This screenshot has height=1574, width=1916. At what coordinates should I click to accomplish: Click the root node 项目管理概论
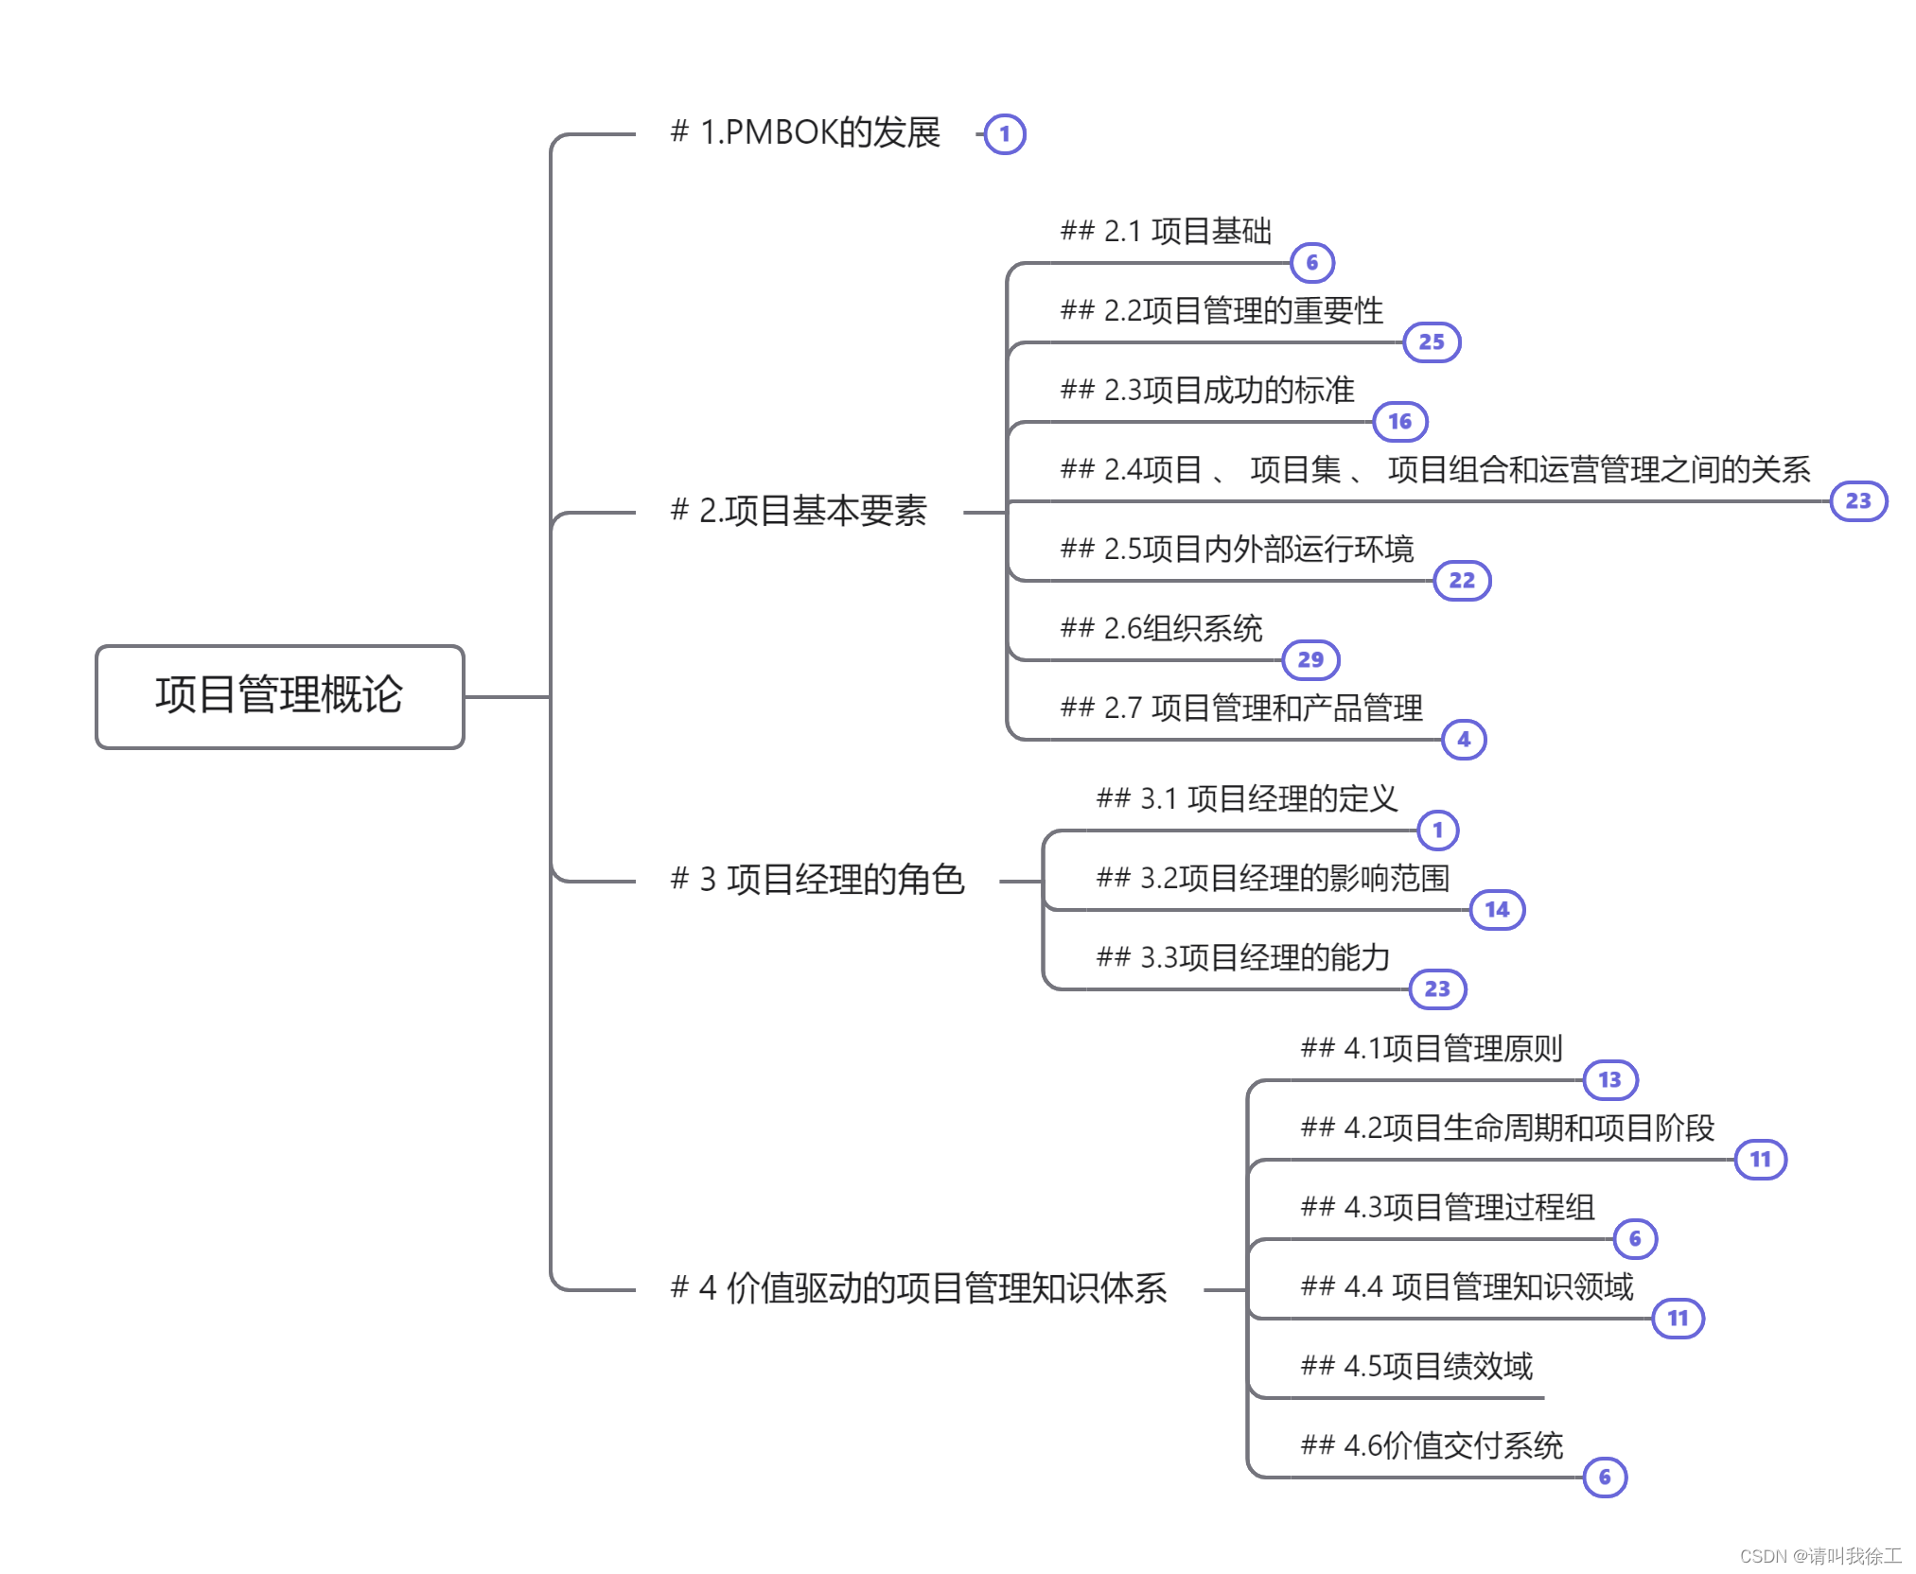coord(279,696)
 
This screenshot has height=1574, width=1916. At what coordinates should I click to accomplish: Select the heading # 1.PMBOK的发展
coord(805,132)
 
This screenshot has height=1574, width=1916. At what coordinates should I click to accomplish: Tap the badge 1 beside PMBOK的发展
coord(1005,134)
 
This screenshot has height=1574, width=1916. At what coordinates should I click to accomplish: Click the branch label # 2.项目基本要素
coord(799,511)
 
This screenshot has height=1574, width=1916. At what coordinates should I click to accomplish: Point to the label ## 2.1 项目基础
coord(1166,231)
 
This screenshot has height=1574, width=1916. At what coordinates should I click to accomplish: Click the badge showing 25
coord(1432,342)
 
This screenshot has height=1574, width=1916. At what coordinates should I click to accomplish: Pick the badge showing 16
coord(1400,422)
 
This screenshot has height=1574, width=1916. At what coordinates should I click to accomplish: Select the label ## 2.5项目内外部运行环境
coord(1237,549)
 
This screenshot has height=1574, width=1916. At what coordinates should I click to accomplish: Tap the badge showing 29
coord(1310,660)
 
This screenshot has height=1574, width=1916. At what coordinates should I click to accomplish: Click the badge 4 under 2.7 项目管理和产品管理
coord(1464,740)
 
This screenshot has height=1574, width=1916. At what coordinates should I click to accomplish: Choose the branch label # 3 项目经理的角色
coord(817,880)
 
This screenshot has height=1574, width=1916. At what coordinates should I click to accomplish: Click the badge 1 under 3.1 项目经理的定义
coord(1438,831)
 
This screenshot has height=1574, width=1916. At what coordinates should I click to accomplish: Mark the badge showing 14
coord(1497,910)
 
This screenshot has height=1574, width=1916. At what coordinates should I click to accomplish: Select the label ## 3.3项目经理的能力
coord(1242,957)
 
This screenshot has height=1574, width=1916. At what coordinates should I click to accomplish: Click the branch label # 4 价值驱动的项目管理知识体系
coord(919,1288)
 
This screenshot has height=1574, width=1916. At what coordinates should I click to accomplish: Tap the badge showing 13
coord(1609,1080)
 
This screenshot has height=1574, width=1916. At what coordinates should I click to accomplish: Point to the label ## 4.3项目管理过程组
coord(1448,1207)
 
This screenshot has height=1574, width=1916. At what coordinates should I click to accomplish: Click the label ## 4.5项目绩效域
coord(1416,1366)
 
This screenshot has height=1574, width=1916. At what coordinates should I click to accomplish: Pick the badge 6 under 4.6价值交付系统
coord(1605,1478)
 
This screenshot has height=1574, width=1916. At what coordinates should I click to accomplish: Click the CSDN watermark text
coord(1819,1556)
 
